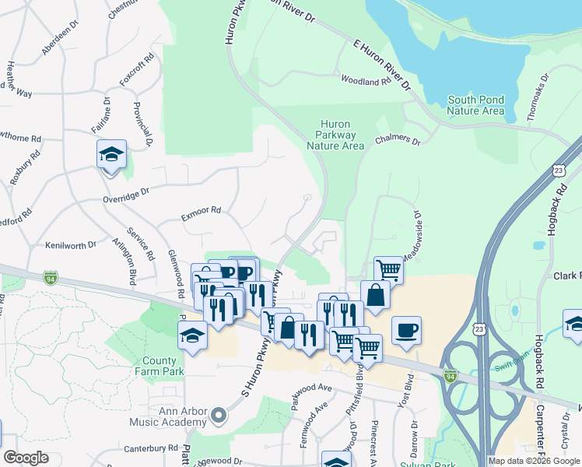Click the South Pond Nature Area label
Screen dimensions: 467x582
[x=475, y=105]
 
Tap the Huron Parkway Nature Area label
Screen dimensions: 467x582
[x=335, y=135]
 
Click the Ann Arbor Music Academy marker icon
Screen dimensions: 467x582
[x=217, y=416]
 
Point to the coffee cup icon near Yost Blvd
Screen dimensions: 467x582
[x=406, y=330]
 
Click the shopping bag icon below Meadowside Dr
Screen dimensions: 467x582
[x=375, y=296]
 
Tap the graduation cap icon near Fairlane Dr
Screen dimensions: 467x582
[x=111, y=153]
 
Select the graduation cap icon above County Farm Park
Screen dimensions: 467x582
[x=192, y=336]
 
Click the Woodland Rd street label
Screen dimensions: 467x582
[x=366, y=81]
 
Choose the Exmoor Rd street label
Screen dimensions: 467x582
[x=201, y=210]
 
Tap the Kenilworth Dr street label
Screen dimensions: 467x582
[x=71, y=244]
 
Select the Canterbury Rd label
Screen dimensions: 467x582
[x=151, y=449]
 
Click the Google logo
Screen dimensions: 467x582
[x=26, y=458]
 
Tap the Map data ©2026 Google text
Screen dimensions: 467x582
[x=534, y=461]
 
